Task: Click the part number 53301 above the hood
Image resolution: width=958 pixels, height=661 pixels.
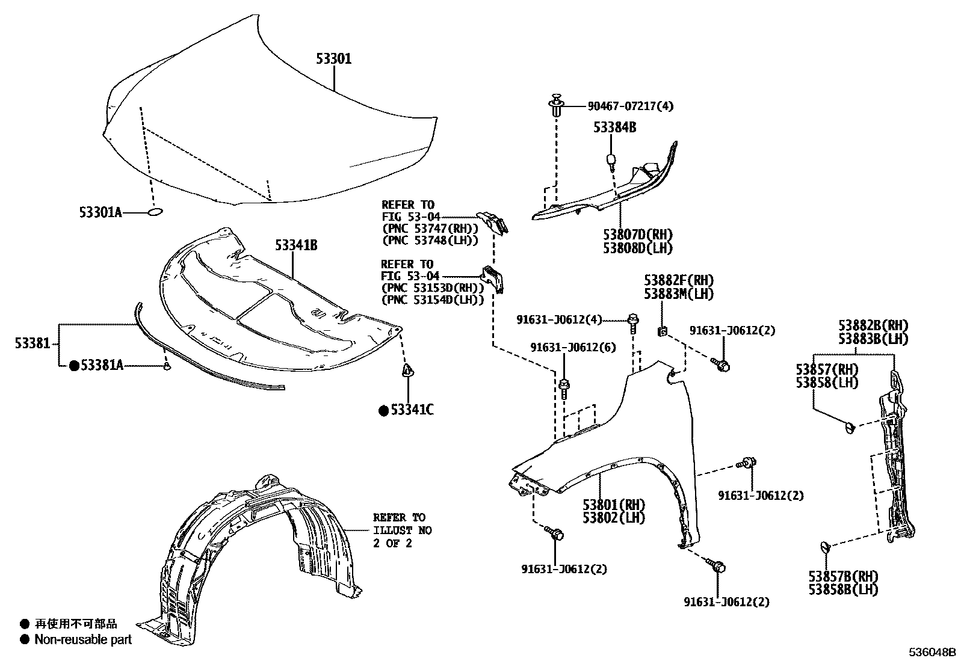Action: pos(334,59)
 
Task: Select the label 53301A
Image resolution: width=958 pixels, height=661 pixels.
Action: pos(100,212)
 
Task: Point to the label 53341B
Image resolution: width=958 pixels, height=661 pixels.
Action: pos(296,245)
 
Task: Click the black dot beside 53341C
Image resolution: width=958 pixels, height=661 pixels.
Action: pos(383,411)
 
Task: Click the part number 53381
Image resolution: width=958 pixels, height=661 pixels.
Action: pos(33,343)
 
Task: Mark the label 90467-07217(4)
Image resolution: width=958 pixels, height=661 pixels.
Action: pos(630,106)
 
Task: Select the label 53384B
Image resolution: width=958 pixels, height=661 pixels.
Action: pos(615,128)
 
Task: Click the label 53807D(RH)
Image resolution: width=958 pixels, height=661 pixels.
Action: pos(638,235)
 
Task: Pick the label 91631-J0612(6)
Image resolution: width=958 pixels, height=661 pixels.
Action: pos(573,348)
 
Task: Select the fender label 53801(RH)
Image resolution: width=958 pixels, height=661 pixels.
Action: pos(613,505)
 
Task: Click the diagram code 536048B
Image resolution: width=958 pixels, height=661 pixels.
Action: pos(932,652)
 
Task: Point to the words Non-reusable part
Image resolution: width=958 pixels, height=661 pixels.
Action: pos(83,639)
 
